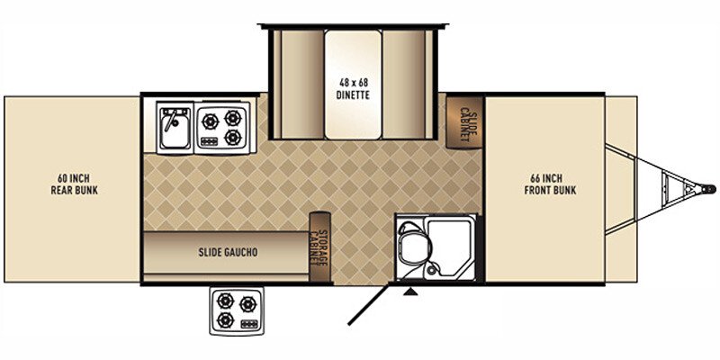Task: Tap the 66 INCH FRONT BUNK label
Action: tap(550, 184)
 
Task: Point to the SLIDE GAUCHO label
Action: tap(228, 253)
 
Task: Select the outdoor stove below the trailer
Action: tap(235, 310)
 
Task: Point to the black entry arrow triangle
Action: tap(411, 291)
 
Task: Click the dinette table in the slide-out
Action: tap(353, 84)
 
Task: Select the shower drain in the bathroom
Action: tap(434, 268)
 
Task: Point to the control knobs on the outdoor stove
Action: tap(248, 323)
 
